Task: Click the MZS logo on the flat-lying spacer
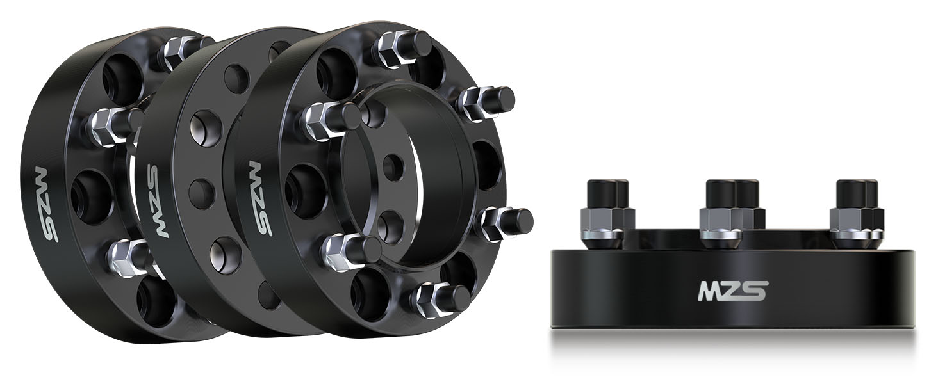(x=733, y=291)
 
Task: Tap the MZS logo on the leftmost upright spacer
(x=45, y=204)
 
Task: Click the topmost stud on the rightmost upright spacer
(x=403, y=48)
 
